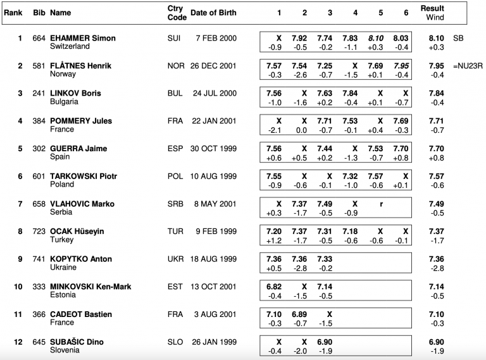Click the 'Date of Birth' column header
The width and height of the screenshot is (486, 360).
coord(213,13)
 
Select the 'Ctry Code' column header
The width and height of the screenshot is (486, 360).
coord(175,13)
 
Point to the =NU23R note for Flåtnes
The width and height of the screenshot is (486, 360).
coord(468,66)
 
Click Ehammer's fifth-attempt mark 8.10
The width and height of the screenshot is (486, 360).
coord(377,38)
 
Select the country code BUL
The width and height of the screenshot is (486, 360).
coord(175,94)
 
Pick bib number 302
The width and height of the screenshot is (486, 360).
coord(39,149)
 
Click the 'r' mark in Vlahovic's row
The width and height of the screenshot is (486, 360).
coord(380,204)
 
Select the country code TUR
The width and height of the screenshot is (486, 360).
coord(175,232)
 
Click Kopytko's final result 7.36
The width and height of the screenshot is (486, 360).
coord(436,259)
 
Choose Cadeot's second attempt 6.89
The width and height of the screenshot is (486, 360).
coord(304,314)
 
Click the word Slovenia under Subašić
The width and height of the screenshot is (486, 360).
coord(65,350)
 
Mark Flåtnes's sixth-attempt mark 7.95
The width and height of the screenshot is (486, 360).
coord(401,66)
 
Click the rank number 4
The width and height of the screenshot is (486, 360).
coord(20,121)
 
